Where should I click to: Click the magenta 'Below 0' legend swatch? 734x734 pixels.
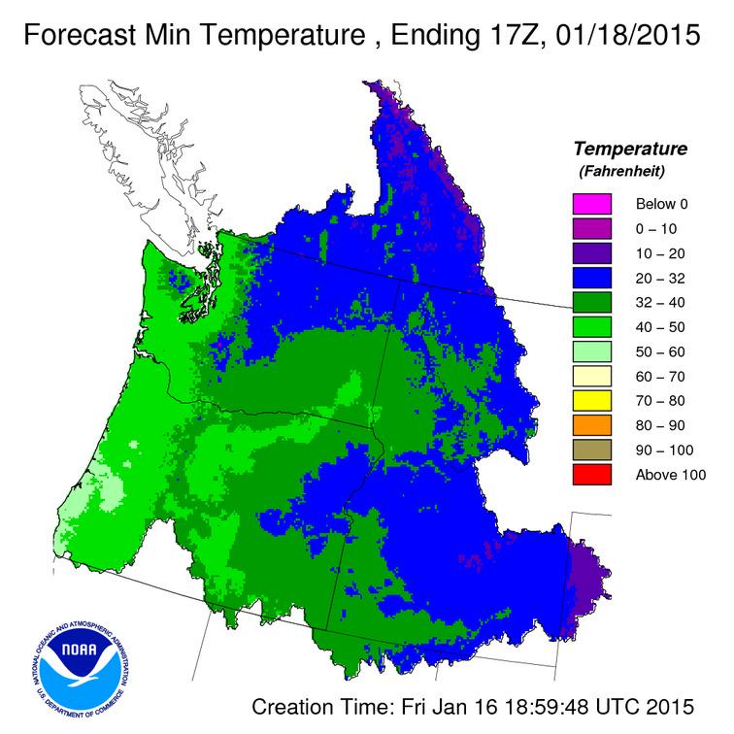[x=591, y=204]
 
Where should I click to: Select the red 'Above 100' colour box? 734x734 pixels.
[x=591, y=474]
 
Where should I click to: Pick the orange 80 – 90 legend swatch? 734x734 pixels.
[x=591, y=424]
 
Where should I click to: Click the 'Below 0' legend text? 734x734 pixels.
[x=661, y=204]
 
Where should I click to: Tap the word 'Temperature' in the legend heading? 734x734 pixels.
[x=630, y=150]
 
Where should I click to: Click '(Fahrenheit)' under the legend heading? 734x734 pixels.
[x=630, y=172]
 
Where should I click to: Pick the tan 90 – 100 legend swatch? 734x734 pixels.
[x=591, y=450]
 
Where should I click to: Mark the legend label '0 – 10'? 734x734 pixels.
[x=656, y=229]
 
